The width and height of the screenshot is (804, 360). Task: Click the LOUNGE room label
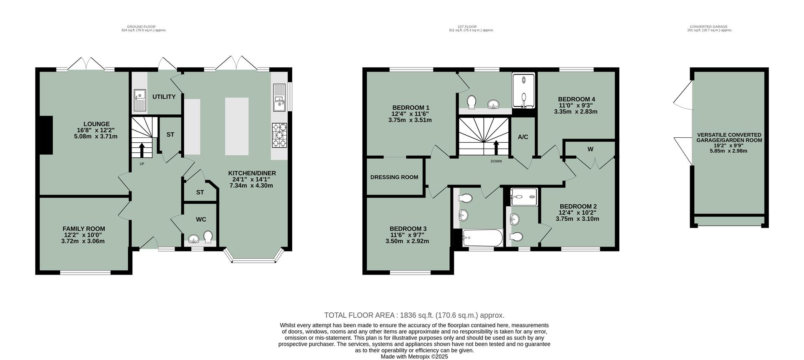(x=96, y=124)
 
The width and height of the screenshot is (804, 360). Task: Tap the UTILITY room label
(x=164, y=97)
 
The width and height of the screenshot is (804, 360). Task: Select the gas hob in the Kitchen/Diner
(x=280, y=135)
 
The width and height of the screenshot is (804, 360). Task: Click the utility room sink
(x=139, y=100)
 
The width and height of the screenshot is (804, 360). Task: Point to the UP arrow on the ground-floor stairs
(x=142, y=149)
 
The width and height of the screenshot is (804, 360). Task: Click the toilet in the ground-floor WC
(x=208, y=237)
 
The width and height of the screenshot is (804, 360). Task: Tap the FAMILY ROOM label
(x=84, y=229)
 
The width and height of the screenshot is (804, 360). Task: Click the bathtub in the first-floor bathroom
(x=482, y=238)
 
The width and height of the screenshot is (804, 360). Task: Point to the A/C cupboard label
(x=523, y=137)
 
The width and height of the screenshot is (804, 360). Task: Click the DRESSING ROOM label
(x=394, y=177)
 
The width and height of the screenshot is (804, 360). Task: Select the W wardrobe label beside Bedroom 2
(x=590, y=149)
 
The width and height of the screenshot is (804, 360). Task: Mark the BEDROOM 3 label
(x=408, y=229)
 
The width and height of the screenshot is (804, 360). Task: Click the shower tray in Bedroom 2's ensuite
(x=523, y=196)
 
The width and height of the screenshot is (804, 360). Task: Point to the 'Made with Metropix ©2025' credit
(x=414, y=357)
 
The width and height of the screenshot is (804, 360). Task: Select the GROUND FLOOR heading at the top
(x=141, y=27)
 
